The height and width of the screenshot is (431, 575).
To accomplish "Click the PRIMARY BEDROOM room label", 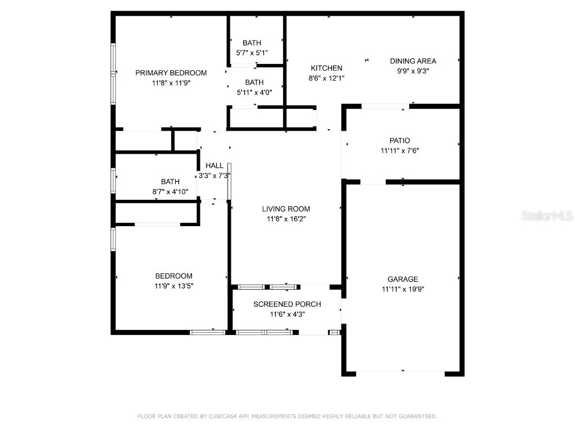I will [171, 73].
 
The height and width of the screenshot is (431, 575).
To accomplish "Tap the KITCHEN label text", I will [326, 68].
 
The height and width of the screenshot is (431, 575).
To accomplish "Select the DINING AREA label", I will [413, 61].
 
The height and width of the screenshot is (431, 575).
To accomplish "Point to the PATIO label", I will [399, 141].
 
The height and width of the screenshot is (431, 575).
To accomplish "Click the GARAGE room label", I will [403, 279].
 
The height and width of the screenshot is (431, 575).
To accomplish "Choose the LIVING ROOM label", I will [286, 209].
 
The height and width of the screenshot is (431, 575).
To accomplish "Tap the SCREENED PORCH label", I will [287, 304].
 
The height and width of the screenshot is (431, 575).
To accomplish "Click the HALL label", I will [214, 166].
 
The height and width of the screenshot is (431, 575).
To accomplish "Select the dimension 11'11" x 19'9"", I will [403, 290].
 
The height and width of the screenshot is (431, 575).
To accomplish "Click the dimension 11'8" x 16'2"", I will [286, 219].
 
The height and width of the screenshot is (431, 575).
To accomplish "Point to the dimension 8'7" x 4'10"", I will [170, 192].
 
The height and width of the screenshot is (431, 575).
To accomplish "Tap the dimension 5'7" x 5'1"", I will [252, 53].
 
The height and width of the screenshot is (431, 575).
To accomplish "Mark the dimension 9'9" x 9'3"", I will [413, 71].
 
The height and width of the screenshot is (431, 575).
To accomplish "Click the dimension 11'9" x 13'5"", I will [174, 286].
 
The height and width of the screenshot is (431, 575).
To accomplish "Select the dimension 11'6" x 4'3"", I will [287, 314].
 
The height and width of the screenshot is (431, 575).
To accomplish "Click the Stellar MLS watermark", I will [546, 215].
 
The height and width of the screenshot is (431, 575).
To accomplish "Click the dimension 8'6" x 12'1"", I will [326, 79].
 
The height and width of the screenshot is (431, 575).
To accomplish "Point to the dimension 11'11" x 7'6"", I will [399, 150].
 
